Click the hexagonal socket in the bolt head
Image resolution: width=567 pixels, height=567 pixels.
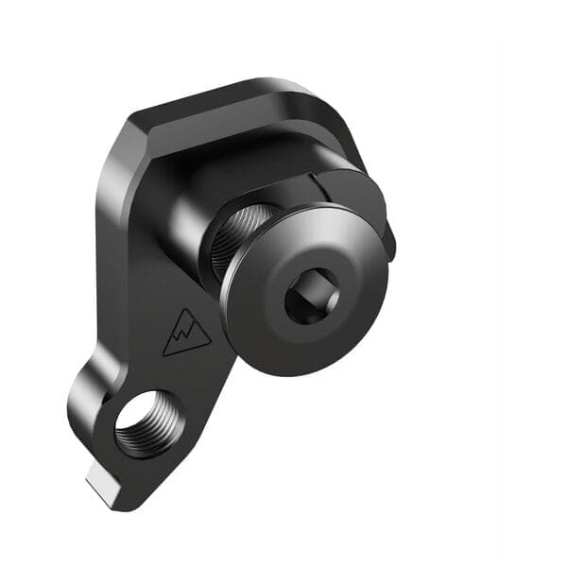[x=313, y=295]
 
